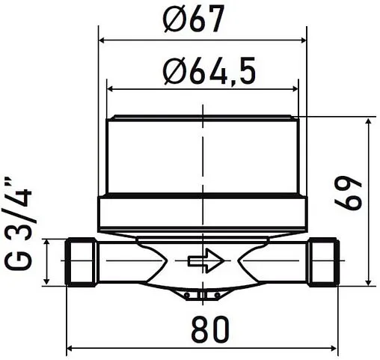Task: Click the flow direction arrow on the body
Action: pos(206,261)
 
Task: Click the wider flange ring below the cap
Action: pos(203,213)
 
